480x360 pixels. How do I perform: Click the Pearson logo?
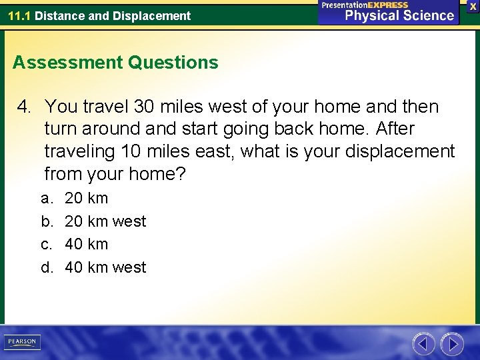(x=21, y=342)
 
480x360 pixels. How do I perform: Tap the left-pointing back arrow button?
(x=423, y=344)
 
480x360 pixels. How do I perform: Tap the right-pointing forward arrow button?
(x=452, y=344)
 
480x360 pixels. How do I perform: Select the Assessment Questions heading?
(x=115, y=63)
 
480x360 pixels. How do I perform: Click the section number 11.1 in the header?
(x=19, y=15)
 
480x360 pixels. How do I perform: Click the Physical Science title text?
(x=399, y=16)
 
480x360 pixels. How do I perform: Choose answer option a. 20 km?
(x=86, y=198)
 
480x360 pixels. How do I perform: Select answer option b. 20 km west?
(x=105, y=221)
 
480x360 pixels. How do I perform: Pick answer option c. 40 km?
(x=86, y=244)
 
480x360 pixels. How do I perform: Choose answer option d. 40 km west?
(x=105, y=267)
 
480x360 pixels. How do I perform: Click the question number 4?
(x=25, y=107)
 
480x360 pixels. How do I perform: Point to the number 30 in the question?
(x=145, y=107)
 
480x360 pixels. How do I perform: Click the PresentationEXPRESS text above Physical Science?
(x=365, y=5)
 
